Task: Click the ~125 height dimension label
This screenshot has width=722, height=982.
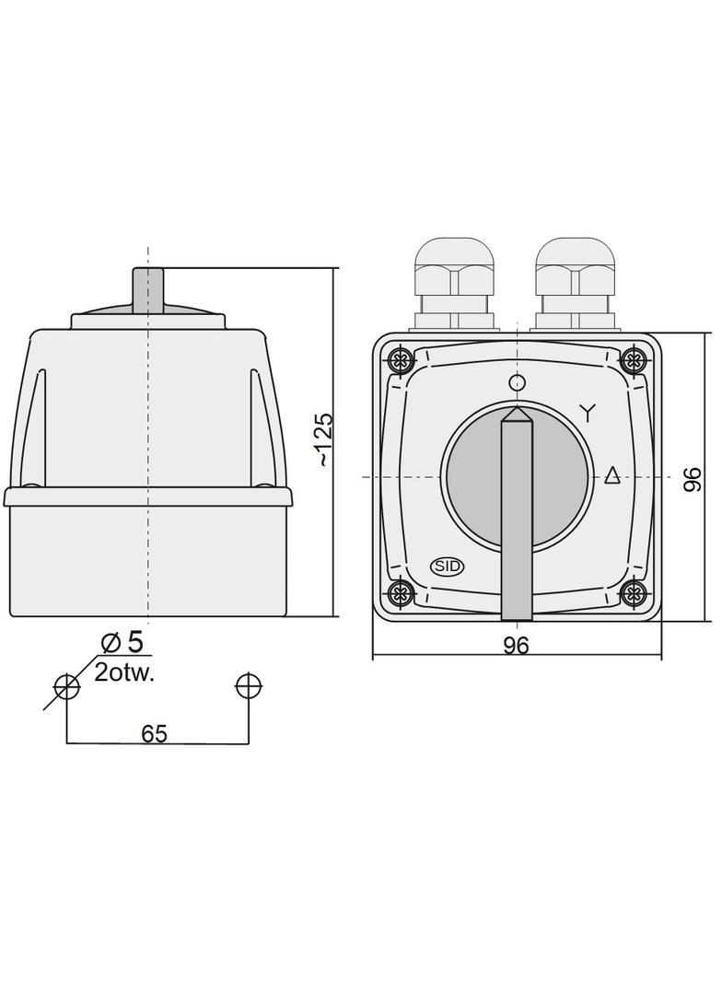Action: (x=325, y=439)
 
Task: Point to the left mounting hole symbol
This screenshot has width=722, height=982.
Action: (x=66, y=686)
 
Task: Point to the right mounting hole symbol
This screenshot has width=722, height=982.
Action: (x=248, y=686)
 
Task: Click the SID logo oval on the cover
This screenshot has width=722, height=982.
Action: (x=448, y=567)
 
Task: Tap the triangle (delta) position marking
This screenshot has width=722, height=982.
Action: (x=612, y=475)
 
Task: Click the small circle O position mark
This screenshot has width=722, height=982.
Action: (x=517, y=382)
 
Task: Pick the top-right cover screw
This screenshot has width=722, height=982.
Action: (x=634, y=358)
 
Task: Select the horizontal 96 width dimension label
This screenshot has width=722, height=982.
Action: (x=517, y=646)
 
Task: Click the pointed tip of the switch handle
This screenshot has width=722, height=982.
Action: (x=517, y=411)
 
